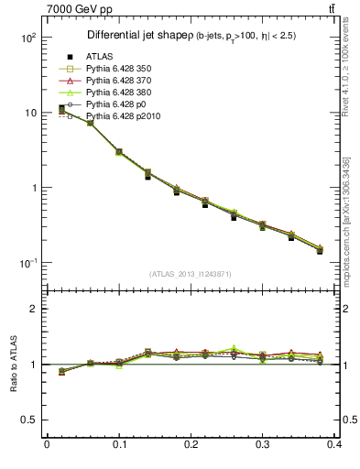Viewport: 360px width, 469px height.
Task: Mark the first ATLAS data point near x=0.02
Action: pos(61,109)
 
